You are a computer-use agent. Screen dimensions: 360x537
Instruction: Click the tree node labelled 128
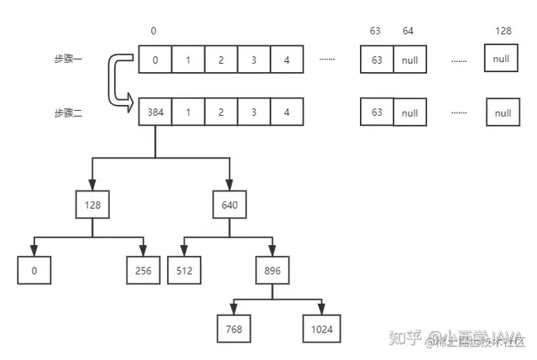pyautogui.click(x=91, y=204)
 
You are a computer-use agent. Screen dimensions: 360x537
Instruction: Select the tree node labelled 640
pyautogui.click(x=229, y=204)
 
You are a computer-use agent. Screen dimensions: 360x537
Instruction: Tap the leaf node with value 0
pyautogui.click(x=33, y=270)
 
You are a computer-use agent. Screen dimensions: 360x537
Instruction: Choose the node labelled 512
pyautogui.click(x=185, y=270)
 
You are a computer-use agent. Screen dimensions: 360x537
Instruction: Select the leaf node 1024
pyautogui.click(x=321, y=329)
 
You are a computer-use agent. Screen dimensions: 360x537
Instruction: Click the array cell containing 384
pyautogui.click(x=154, y=112)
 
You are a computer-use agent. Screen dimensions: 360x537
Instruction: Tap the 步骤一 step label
pyautogui.click(x=70, y=60)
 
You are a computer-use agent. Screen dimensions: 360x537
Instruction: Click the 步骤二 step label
pyautogui.click(x=70, y=112)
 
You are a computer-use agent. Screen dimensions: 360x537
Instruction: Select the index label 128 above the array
pyautogui.click(x=503, y=31)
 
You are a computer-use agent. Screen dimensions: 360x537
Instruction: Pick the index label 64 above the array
pyautogui.click(x=409, y=31)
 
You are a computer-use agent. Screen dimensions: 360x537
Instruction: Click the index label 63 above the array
pyautogui.click(x=375, y=31)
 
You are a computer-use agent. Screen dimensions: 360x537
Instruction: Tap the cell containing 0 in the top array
pyautogui.click(x=154, y=60)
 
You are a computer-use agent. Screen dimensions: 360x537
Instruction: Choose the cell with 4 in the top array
pyautogui.click(x=287, y=60)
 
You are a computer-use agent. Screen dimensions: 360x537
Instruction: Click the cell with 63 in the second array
pyautogui.click(x=377, y=112)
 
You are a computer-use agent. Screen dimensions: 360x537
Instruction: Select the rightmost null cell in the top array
pyautogui.click(x=502, y=60)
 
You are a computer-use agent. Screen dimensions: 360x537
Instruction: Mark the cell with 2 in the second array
pyautogui.click(x=221, y=112)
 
